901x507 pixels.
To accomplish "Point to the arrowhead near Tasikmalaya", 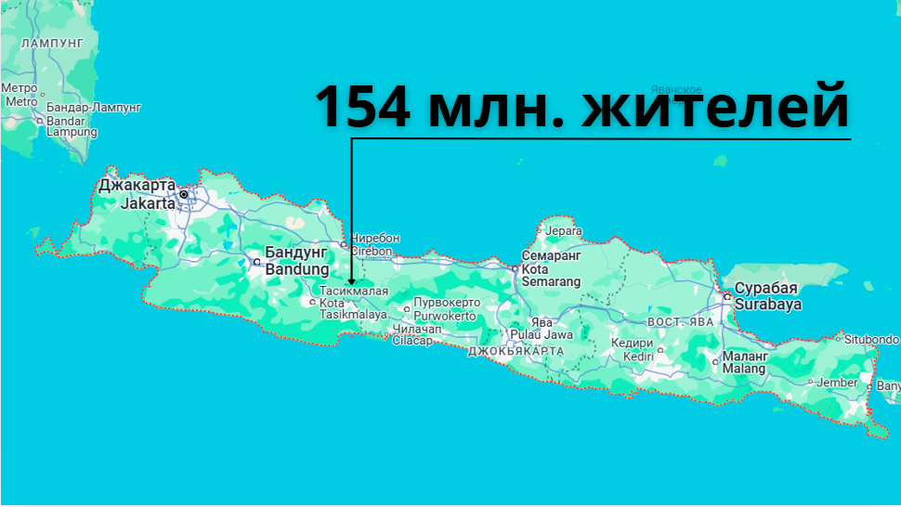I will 351,280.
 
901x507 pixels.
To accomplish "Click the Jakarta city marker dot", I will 184,194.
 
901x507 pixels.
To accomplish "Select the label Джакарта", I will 137,186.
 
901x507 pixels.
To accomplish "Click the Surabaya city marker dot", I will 725,296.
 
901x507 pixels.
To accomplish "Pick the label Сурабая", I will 766,288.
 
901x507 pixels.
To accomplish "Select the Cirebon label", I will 375,251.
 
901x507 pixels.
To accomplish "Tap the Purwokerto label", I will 446,316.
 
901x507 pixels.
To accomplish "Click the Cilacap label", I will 413,341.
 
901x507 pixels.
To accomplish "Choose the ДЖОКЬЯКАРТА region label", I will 516,352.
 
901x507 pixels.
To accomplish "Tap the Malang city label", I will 744,369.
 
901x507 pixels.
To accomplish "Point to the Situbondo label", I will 871,340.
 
